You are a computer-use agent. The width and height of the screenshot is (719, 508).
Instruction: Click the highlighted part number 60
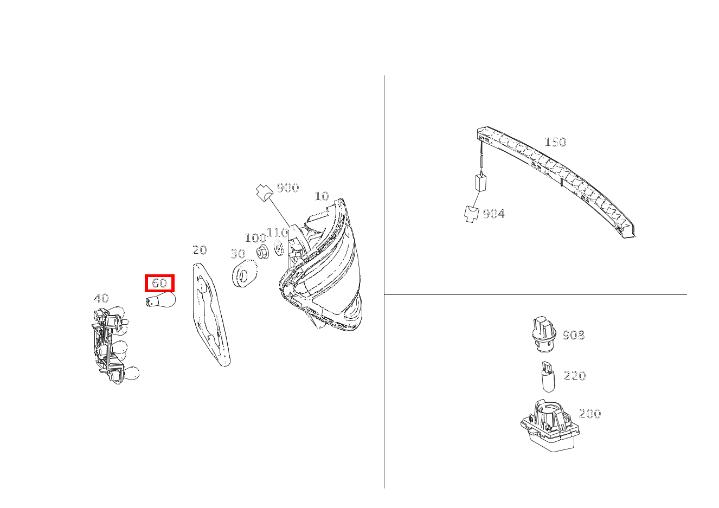159,283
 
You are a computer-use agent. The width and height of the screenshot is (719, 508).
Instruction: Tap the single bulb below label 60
162,300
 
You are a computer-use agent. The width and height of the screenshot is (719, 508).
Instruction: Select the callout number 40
101,298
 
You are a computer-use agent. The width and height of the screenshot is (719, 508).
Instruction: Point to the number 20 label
200,250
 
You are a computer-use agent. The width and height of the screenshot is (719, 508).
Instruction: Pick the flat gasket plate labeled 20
209,314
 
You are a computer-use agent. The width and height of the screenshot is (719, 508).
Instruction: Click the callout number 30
237,254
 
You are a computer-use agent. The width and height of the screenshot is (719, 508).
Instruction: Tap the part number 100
255,238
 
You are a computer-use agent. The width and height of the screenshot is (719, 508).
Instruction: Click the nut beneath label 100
262,252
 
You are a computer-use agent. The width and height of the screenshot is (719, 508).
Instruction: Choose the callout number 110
278,233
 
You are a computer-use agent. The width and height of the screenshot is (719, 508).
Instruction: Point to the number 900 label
288,188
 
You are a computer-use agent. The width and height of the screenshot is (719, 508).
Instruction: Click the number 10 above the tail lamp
322,196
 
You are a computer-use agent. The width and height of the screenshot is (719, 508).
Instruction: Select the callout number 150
555,142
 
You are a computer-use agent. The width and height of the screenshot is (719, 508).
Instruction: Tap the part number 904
493,214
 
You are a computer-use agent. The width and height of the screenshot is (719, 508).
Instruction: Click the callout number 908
574,335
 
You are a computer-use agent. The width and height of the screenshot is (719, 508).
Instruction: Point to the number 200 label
590,414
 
